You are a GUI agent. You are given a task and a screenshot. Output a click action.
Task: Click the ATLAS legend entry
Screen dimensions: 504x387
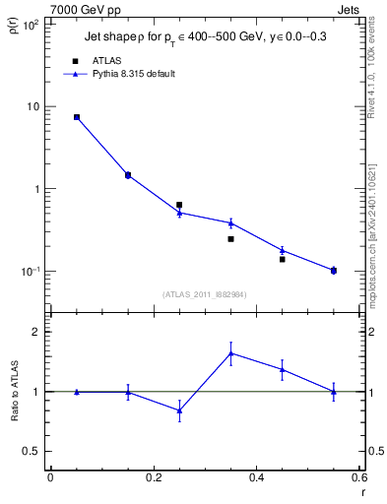pos(107,60)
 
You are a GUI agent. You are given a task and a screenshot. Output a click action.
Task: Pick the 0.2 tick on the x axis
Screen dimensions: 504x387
pos(153,477)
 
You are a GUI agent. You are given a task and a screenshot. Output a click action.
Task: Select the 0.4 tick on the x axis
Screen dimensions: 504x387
pos(256,477)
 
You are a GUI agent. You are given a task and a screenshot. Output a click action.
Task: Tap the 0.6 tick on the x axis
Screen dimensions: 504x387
pos(358,477)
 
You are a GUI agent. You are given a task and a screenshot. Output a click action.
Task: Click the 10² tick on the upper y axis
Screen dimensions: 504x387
pos(31,24)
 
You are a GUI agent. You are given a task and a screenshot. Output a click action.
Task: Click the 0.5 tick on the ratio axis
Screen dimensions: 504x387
pos(32,451)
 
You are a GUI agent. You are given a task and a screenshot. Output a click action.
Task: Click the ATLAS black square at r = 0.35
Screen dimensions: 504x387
pos(230,238)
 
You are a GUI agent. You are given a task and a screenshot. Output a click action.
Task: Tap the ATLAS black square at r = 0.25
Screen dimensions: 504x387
pos(179,205)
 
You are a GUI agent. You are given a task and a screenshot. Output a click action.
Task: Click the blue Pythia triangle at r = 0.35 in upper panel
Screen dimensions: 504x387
pos(230,222)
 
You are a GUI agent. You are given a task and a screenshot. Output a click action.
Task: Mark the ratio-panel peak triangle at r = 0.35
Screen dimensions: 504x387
pos(230,352)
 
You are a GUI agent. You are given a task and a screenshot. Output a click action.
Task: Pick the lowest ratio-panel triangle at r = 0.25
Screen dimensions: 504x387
pos(179,409)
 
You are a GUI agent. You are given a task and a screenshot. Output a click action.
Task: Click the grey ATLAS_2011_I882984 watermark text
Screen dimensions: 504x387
pos(204,293)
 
